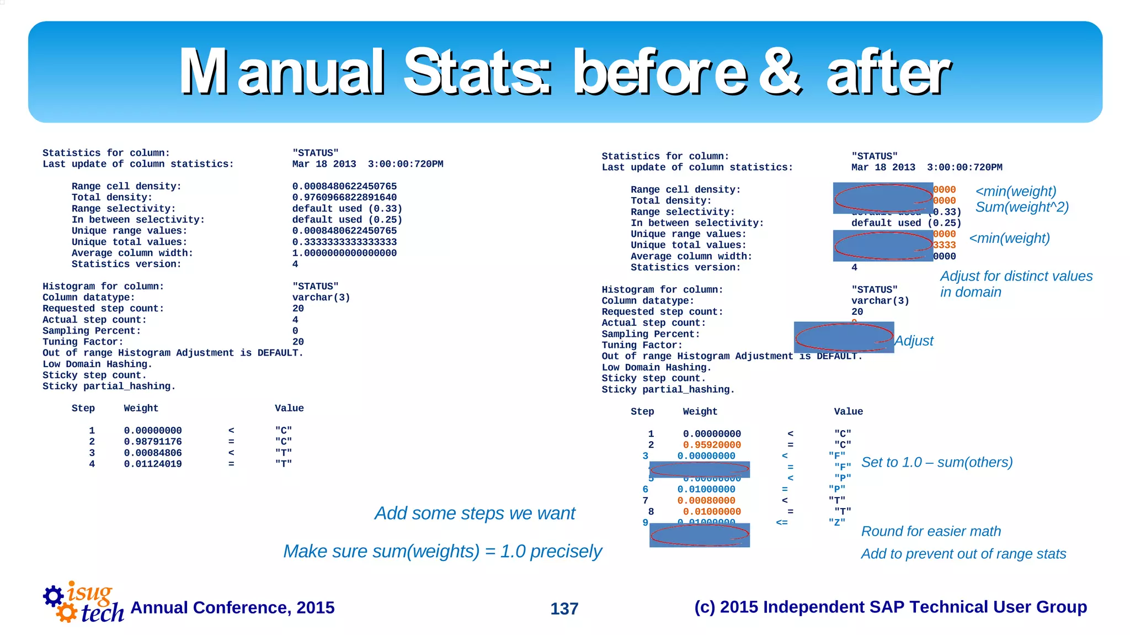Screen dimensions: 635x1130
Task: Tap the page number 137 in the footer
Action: [564, 608]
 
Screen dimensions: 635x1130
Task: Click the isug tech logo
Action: [83, 603]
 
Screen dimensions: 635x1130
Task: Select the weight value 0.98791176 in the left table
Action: [153, 442]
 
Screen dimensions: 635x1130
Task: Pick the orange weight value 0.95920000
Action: [712, 445]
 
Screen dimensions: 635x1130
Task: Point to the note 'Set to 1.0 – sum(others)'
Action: [936, 462]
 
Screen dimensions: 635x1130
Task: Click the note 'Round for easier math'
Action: [931, 531]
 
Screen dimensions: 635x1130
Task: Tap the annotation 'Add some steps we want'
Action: [475, 513]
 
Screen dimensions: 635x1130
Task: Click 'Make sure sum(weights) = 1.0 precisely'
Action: [442, 551]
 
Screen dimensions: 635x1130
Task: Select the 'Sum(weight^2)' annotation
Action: [1022, 207]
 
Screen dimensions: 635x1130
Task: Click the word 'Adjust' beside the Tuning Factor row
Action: [914, 341]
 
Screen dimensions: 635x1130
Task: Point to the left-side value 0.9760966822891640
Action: [344, 198]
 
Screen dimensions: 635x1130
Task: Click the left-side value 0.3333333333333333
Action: [344, 242]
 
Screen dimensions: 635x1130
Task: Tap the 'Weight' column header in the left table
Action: [141, 409]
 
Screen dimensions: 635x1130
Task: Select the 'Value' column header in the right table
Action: [848, 412]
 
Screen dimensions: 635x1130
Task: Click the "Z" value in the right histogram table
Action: [836, 522]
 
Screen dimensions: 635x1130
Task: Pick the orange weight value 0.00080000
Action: [706, 501]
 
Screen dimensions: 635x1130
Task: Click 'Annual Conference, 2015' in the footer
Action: [232, 607]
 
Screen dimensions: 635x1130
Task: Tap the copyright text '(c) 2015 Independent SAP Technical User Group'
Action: [890, 607]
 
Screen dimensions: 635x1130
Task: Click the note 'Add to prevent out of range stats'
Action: [963, 554]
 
